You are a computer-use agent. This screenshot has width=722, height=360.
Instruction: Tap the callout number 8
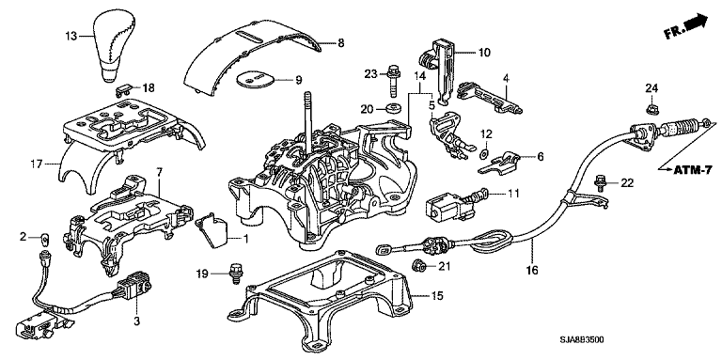tap(340, 43)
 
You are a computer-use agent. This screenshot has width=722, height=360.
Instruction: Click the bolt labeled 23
tap(393, 81)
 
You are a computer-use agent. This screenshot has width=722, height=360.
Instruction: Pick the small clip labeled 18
tap(123, 89)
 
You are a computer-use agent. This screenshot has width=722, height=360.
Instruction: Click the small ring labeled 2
tap(45, 238)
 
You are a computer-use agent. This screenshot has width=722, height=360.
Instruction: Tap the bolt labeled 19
tap(235, 274)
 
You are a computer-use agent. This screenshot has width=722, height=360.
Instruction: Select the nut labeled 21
tap(417, 265)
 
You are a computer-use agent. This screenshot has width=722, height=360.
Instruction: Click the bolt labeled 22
tap(600, 182)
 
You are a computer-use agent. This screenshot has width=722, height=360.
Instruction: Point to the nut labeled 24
tap(651, 108)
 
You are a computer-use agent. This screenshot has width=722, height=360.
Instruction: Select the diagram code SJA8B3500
tap(582, 340)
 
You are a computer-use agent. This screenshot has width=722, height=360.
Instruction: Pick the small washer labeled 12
tap(485, 152)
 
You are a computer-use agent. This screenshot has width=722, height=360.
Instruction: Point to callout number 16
tap(532, 271)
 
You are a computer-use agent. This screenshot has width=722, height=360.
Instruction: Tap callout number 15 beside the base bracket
tap(437, 296)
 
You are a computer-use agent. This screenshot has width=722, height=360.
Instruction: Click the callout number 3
tap(136, 321)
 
